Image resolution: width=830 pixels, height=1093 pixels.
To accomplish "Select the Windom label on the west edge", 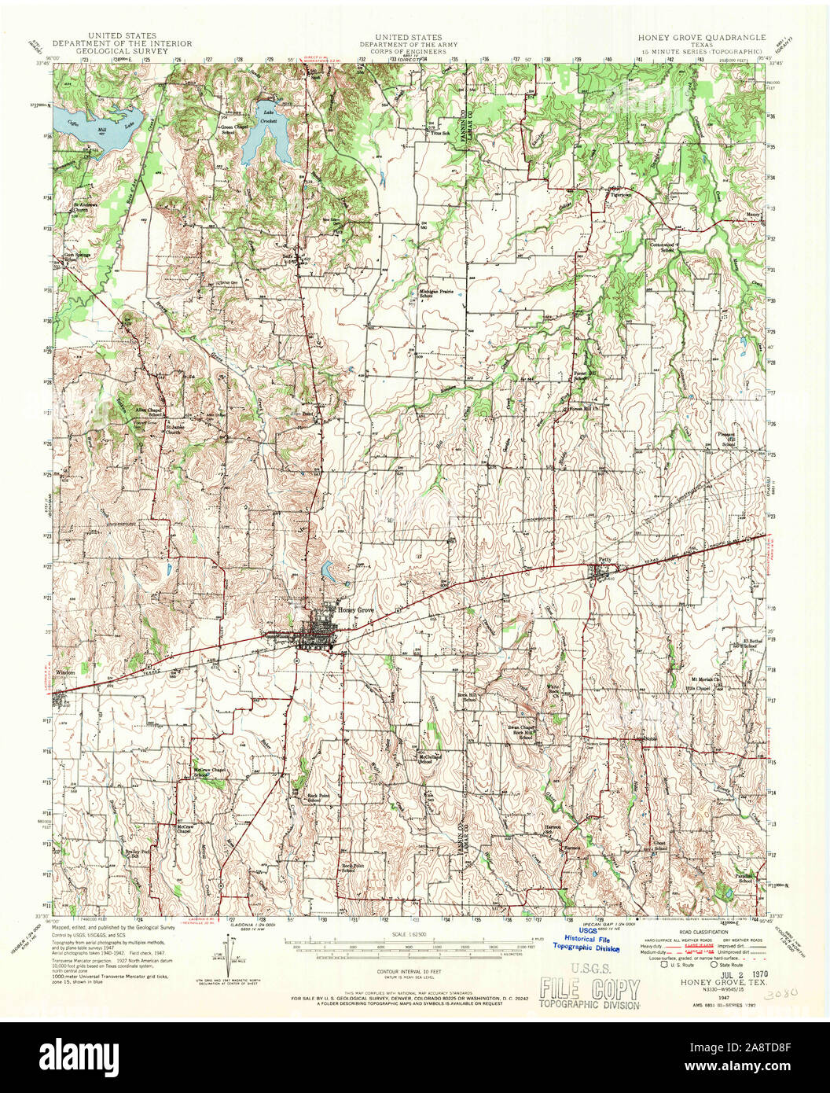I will (67, 673).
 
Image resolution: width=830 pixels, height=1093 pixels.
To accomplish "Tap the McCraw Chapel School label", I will (209, 772).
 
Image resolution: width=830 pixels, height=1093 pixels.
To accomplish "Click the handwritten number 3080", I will (782, 992).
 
